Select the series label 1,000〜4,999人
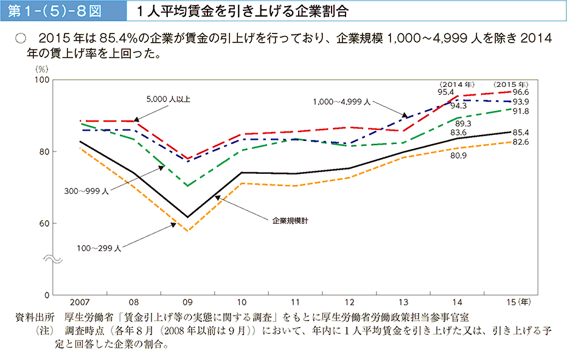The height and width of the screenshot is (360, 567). (342, 102)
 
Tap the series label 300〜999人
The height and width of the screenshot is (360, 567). (86, 191)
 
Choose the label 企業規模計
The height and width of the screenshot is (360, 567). (291, 221)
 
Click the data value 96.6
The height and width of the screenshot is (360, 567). (521, 92)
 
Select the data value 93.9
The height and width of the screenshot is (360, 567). (521, 102)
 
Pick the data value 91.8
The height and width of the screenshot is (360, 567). (521, 111)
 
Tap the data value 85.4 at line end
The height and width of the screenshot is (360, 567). (521, 132)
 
